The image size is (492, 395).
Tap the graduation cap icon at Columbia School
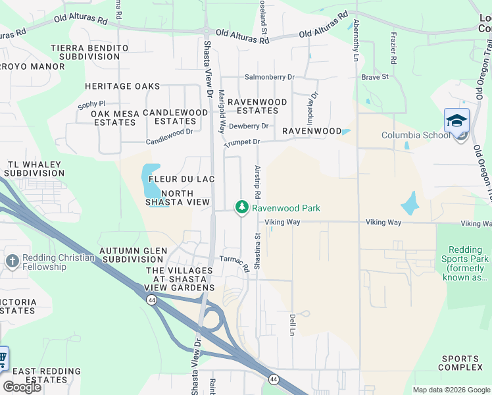(456, 121)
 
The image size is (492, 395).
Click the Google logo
(22, 387)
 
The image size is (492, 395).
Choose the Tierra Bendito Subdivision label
(89, 53)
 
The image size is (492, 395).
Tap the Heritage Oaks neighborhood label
(122, 86)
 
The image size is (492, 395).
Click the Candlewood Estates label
(175, 117)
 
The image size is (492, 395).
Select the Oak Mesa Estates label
(115, 118)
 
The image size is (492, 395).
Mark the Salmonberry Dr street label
(270, 77)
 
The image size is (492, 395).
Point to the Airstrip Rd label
(258, 180)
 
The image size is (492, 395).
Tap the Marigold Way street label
(222, 111)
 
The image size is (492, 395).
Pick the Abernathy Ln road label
(356, 39)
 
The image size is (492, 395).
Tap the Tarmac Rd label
(235, 263)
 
